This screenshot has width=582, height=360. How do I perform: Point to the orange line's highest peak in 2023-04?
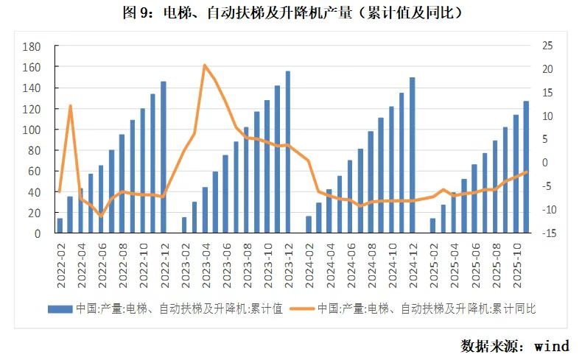pos(205,66)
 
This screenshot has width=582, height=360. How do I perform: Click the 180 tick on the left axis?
pos(32,46)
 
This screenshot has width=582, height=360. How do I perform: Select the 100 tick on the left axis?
pos(32,130)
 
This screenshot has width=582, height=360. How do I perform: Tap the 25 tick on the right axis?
pos(547,46)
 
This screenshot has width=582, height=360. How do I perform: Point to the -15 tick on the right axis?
pos(546,233)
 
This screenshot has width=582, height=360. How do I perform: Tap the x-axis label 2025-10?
pos(515,254)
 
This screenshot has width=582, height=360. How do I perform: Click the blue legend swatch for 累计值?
pos(60,308)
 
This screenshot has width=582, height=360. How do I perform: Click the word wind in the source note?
pos(552,345)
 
